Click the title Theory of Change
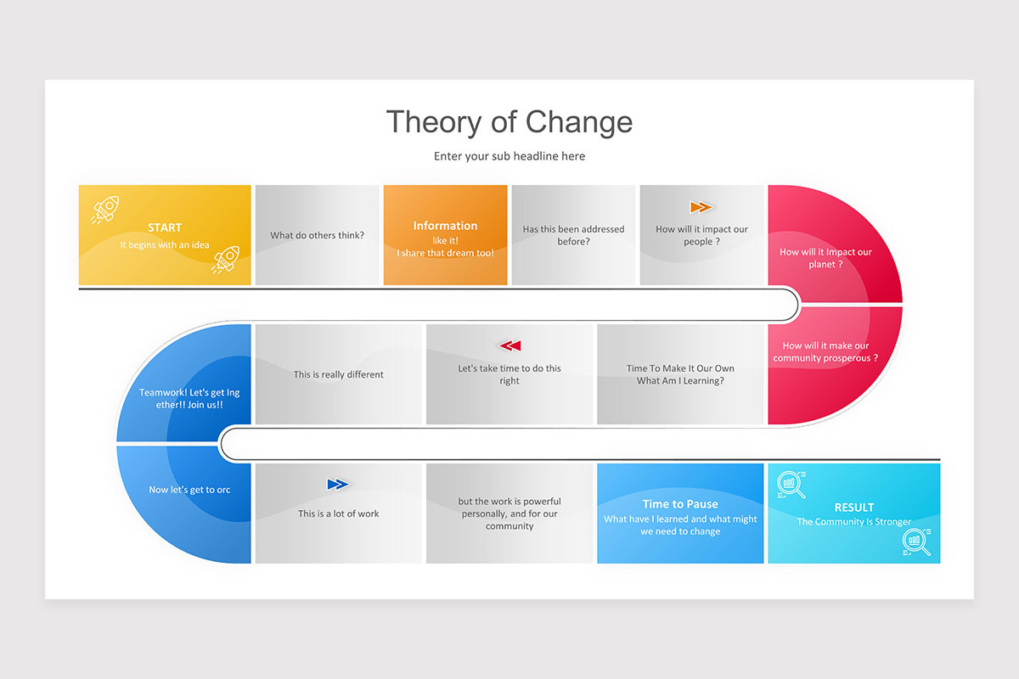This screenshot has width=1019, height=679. click(x=509, y=121)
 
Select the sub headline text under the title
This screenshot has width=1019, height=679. click(x=509, y=156)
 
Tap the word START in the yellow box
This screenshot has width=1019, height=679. click(x=165, y=227)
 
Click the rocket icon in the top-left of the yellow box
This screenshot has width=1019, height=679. click(x=105, y=209)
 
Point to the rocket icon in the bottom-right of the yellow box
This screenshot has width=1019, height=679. click(x=226, y=259)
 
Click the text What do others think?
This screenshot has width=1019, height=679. click(x=317, y=235)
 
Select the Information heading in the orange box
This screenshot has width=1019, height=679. click(x=445, y=226)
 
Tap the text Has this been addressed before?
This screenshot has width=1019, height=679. click(x=573, y=235)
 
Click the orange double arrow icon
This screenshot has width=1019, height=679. click(x=701, y=207)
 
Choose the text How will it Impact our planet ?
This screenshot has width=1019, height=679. click(x=825, y=258)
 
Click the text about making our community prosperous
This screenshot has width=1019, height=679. click(x=825, y=351)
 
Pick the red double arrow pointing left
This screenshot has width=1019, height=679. click(x=509, y=345)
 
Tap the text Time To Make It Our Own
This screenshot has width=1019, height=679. click(x=680, y=368)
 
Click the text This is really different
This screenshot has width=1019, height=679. click(x=339, y=374)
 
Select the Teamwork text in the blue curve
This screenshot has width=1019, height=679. click(x=183, y=399)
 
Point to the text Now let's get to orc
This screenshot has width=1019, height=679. click(x=189, y=490)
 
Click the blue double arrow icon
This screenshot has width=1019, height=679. click(x=338, y=485)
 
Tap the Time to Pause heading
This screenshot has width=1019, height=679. click(x=680, y=504)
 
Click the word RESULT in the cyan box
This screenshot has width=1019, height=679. click(x=853, y=508)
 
